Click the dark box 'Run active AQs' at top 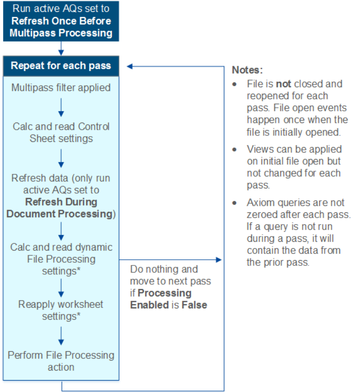coord(61,21)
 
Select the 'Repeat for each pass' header coord(61,66)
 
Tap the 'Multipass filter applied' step coord(61,88)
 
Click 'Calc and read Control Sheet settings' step coord(61,132)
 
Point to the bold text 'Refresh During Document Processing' coord(61,208)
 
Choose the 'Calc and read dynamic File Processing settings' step coord(61,259)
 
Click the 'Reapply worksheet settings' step coord(61,310)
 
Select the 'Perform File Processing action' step coord(61,361)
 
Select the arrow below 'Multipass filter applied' coord(61,107)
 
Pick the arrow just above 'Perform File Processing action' coord(61,335)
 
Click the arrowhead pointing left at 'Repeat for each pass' coord(130,67)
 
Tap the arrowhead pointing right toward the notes coord(219,260)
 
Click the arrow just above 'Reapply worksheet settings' coord(61,287)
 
